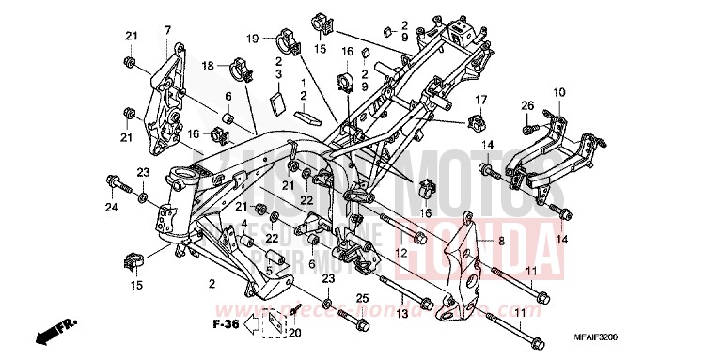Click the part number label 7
point(167,31)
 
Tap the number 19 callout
point(252,38)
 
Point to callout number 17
point(479,99)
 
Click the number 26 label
point(527,104)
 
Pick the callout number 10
point(558,92)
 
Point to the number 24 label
point(111,206)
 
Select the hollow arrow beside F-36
point(249,324)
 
